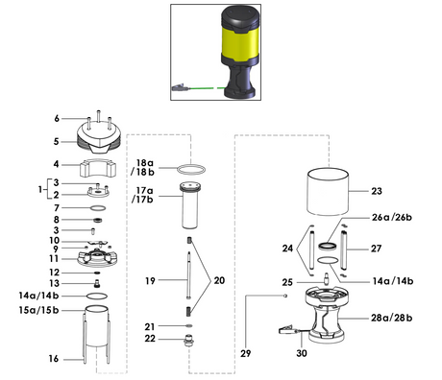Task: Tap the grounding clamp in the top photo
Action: (180, 87)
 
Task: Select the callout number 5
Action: (57, 141)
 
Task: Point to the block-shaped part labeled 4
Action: (98, 168)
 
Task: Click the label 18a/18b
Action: (142, 168)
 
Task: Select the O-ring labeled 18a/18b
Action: (191, 169)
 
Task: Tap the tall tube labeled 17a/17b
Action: (190, 205)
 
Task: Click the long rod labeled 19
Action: (189, 275)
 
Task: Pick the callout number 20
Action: (219, 280)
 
